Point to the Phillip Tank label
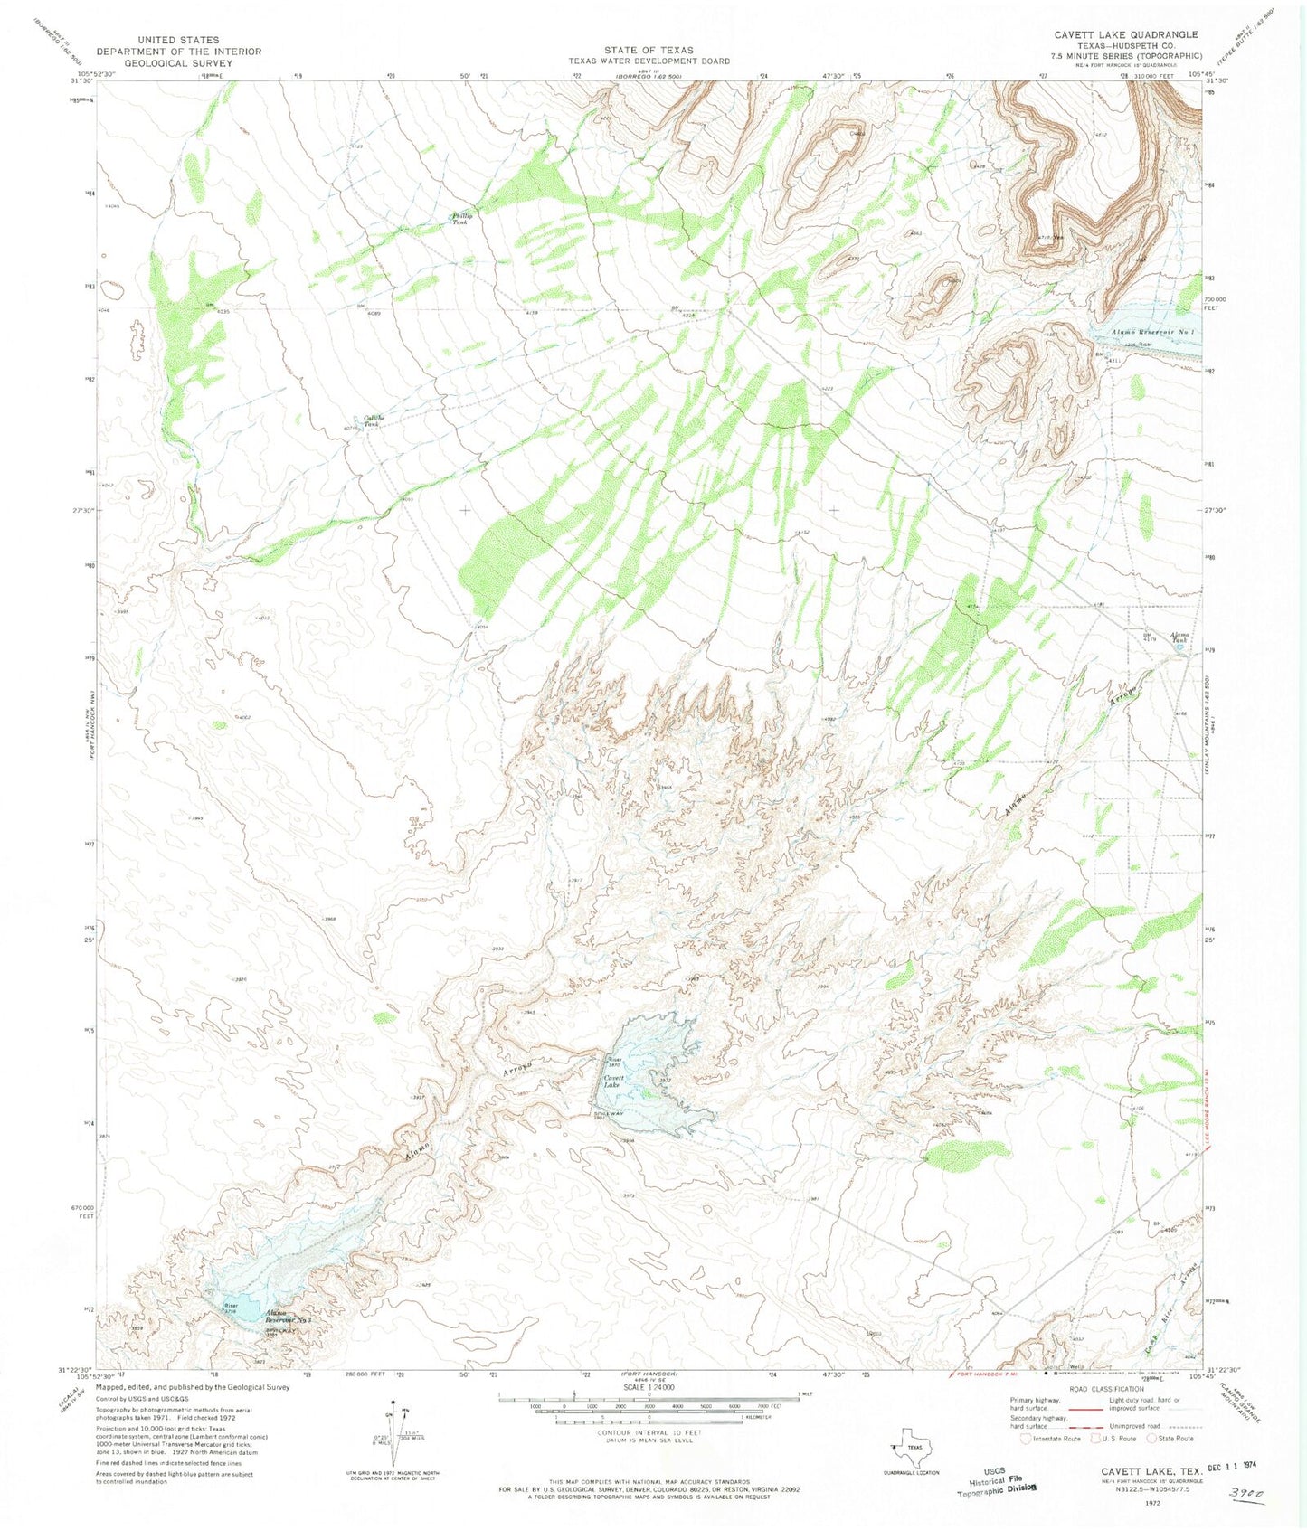tap(461, 218)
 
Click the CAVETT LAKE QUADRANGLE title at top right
tap(1126, 34)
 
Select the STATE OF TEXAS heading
tap(649, 50)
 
